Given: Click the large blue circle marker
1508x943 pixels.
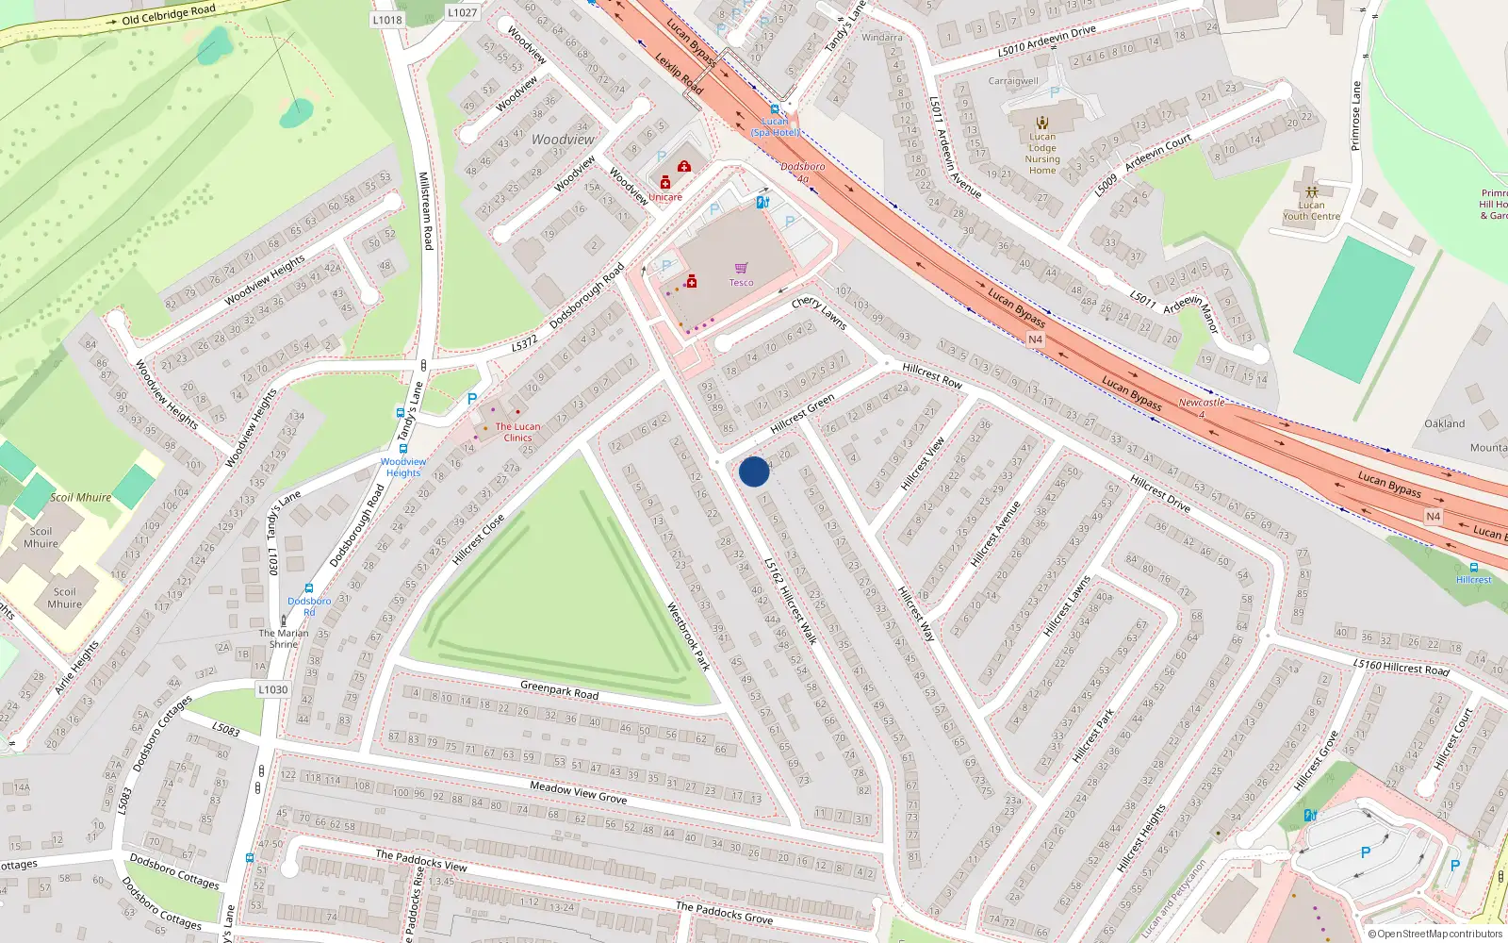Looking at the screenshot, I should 754,471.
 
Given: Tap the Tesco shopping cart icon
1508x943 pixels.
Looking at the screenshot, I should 742,269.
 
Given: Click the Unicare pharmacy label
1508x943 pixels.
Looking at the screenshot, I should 665,197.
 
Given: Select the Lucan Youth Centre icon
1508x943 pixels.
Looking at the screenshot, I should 1311,191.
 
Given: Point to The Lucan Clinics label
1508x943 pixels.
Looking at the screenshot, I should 517,432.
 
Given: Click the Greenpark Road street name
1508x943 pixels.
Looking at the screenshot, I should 560,690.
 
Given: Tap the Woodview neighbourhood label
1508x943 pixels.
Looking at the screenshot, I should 563,140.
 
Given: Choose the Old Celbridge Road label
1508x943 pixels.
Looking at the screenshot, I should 169,15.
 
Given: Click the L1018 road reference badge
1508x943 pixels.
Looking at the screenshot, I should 387,20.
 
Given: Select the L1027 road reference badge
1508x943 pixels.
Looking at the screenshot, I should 462,13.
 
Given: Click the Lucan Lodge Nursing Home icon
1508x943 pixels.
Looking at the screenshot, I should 1042,123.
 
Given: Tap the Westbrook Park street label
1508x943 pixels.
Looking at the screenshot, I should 688,636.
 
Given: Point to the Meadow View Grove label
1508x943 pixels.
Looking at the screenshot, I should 578,792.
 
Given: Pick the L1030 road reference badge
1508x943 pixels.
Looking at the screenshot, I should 273,689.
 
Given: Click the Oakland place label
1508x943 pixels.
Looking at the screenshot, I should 1444,423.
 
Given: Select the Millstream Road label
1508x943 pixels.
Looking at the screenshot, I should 425,210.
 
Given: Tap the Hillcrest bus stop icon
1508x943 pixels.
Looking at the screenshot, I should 1473,568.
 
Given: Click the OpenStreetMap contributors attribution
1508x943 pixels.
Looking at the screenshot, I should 1434,935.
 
